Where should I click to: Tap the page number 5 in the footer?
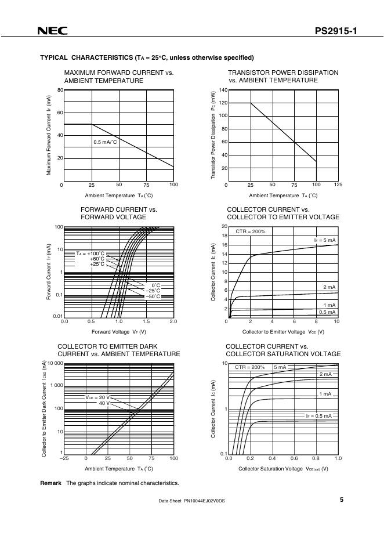click(342, 499)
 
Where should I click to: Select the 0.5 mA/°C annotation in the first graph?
click(106, 142)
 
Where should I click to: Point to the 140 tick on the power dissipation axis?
click(223, 91)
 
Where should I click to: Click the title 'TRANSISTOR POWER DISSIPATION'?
click(283, 73)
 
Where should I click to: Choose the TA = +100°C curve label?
click(90, 254)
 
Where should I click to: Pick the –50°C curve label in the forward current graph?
click(153, 296)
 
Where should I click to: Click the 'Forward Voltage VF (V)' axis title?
click(119, 332)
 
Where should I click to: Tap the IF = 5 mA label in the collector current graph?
click(325, 240)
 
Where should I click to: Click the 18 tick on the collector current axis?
click(224, 236)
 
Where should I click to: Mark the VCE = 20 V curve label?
click(97, 397)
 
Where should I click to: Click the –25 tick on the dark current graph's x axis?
click(64, 458)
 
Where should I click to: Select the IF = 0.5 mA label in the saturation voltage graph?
click(319, 416)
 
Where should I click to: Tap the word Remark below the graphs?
click(50, 483)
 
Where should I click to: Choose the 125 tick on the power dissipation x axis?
click(339, 184)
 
